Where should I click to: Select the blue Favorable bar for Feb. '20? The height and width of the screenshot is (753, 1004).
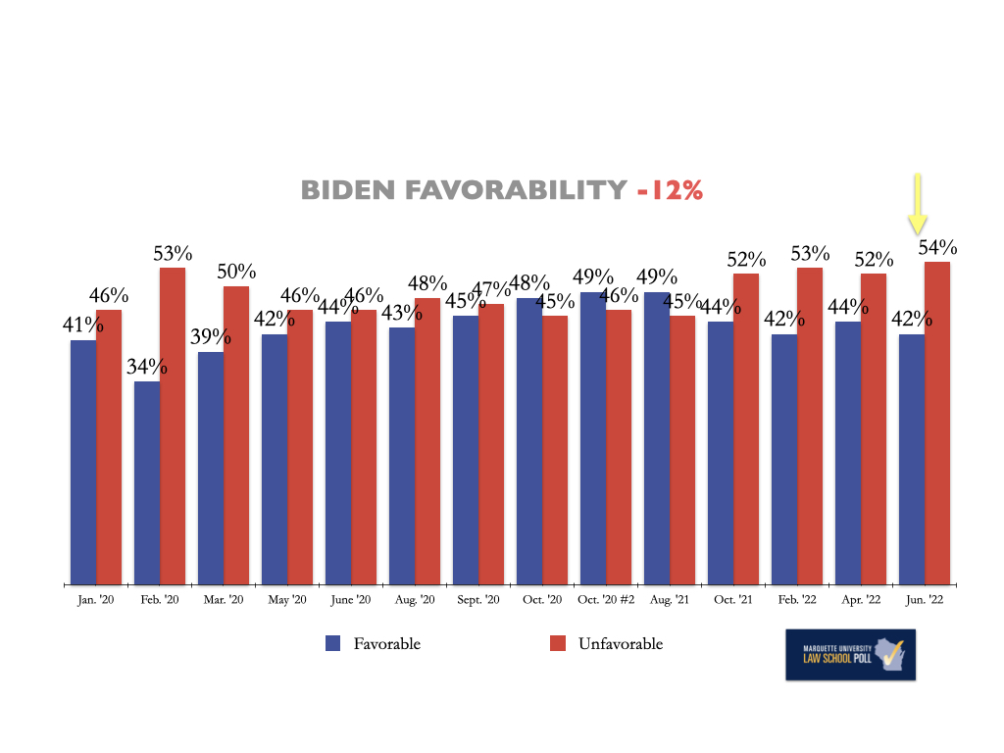pos(147,482)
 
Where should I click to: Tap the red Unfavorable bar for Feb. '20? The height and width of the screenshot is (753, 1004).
pos(173,426)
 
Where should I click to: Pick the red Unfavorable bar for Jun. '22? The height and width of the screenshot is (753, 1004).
pos(937,423)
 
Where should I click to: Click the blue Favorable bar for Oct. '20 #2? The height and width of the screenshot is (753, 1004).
pos(593,437)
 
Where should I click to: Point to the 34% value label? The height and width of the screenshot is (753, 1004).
pos(146,368)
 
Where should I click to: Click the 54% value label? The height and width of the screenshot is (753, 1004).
pos(937,248)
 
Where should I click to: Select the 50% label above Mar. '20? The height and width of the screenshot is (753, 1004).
pos(236,272)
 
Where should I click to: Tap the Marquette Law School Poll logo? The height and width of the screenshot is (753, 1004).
pos(851,655)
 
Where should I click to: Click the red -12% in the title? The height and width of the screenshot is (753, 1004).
pos(670,190)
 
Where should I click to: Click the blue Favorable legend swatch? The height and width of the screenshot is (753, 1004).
pos(333,644)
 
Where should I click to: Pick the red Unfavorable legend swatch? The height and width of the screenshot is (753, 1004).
pos(558,644)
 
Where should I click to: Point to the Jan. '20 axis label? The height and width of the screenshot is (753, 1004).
pos(96,599)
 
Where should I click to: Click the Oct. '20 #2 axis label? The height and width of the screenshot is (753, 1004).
pos(606,599)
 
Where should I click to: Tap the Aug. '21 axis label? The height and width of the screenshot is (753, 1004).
pos(669,599)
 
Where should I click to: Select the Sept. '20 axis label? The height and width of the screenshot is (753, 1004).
pos(477,599)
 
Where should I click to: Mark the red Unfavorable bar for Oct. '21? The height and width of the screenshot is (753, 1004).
pos(746,428)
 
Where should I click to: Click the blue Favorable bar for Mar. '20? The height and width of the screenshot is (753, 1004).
pos(211,468)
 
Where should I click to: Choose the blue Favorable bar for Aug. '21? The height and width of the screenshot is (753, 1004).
pos(657,437)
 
